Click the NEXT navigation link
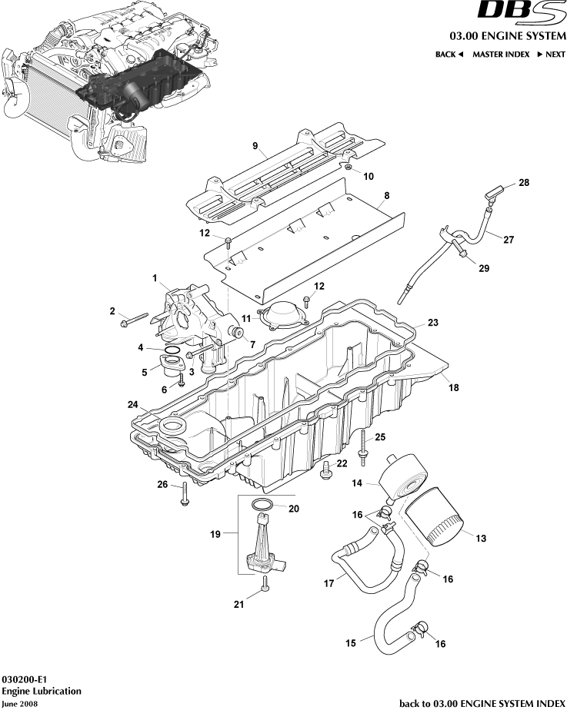click(x=551, y=55)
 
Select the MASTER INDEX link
click(x=500, y=55)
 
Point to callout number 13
click(x=481, y=539)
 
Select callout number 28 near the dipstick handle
click(x=523, y=183)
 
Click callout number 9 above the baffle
click(x=255, y=145)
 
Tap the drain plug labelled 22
click(x=326, y=469)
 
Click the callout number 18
click(x=453, y=388)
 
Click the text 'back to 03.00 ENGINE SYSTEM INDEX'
click(x=482, y=702)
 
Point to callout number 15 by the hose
click(x=350, y=642)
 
